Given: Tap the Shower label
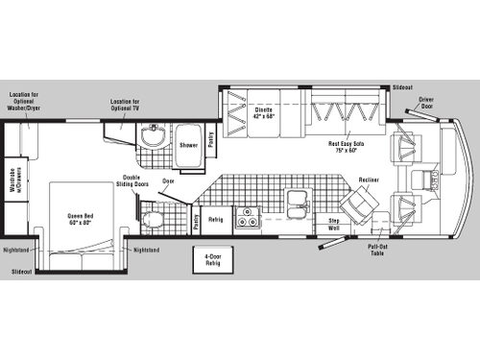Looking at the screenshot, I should (x=189, y=145).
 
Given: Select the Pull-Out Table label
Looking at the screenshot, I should (x=377, y=249).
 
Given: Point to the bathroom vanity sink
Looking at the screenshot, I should (x=153, y=137).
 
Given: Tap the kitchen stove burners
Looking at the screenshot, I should (x=248, y=218).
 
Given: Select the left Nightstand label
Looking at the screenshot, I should (x=17, y=250).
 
